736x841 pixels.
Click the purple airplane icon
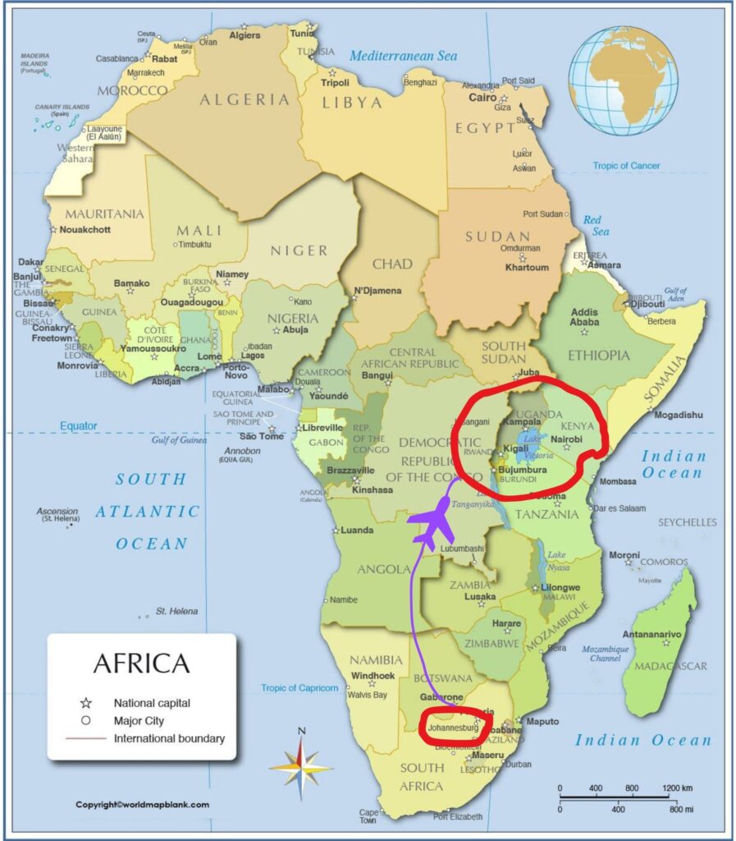[432, 524]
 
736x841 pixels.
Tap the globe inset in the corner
[623, 80]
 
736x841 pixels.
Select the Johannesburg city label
[453, 727]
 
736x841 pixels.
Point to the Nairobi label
[567, 439]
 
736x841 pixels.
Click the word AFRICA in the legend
[141, 663]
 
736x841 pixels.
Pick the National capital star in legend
[85, 703]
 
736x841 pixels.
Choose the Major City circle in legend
[85, 721]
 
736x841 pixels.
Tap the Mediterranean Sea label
[402, 56]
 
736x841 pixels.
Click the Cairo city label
[482, 97]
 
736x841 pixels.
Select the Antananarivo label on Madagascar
[653, 634]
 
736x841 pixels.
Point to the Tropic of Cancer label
[626, 166]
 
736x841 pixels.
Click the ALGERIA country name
[245, 99]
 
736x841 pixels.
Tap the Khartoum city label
[527, 267]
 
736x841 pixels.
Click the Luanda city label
[357, 530]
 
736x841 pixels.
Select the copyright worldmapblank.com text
[142, 805]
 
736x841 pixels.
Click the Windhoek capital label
[373, 676]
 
